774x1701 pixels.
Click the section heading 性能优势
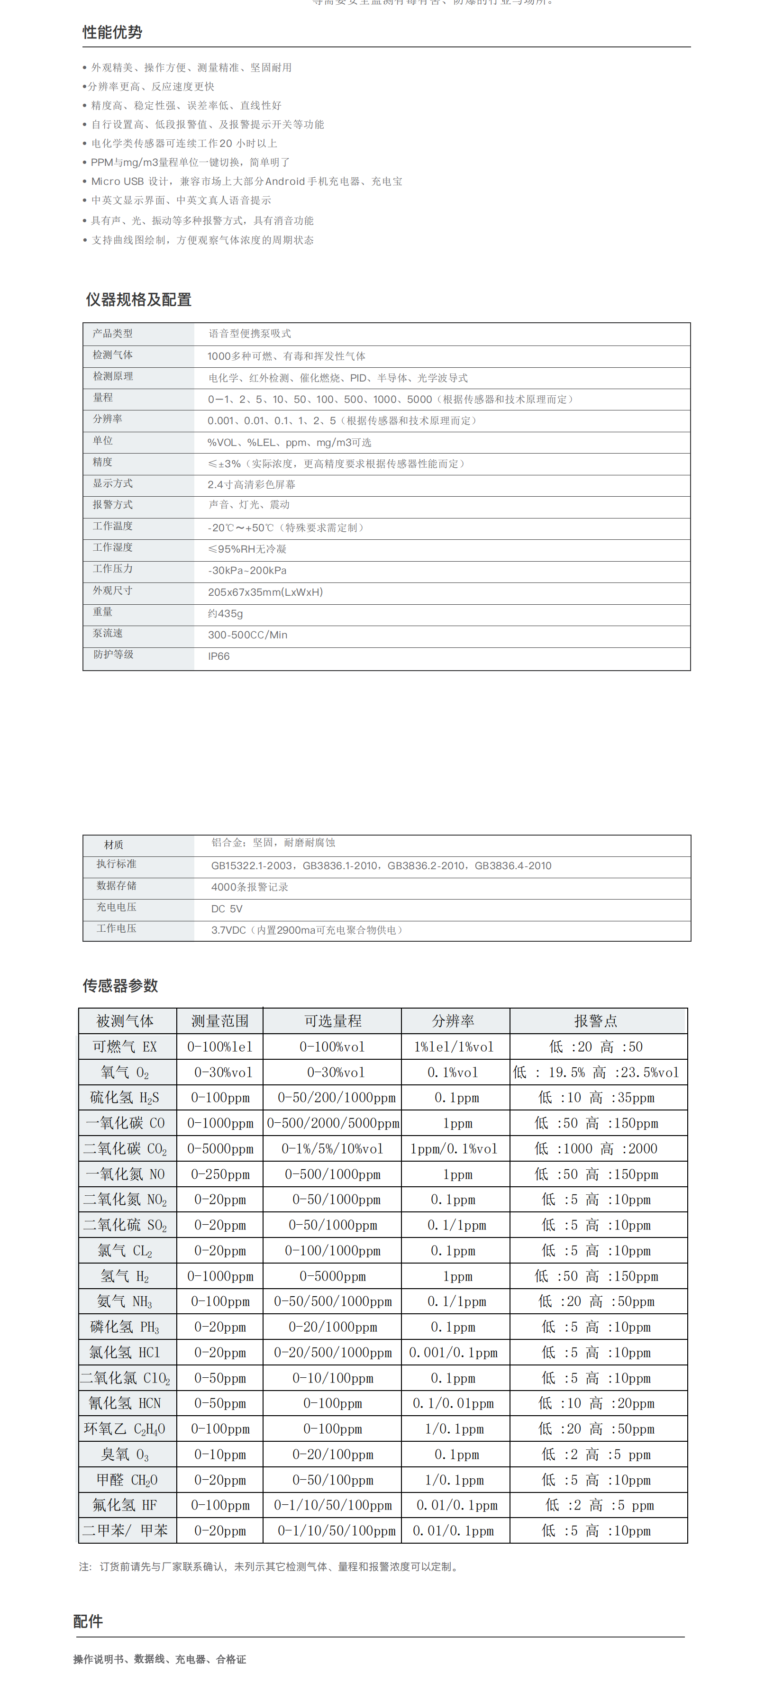(x=112, y=32)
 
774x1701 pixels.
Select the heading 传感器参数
(x=120, y=986)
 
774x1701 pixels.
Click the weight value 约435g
(x=225, y=613)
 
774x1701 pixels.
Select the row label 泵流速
(x=108, y=633)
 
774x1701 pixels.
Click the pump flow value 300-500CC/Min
(x=248, y=635)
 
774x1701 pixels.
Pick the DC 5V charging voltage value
(x=227, y=909)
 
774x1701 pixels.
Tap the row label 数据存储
(x=116, y=885)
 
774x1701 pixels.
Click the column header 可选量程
(x=332, y=1021)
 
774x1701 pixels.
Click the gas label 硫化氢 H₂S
(x=124, y=1098)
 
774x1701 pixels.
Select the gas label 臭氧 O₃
(x=124, y=1455)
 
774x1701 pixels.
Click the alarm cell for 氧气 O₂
(x=596, y=1073)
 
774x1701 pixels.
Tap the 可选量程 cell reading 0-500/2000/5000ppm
(x=333, y=1123)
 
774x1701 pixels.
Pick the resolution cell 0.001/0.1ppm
(x=453, y=1352)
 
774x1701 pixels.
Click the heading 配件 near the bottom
(x=88, y=1621)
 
